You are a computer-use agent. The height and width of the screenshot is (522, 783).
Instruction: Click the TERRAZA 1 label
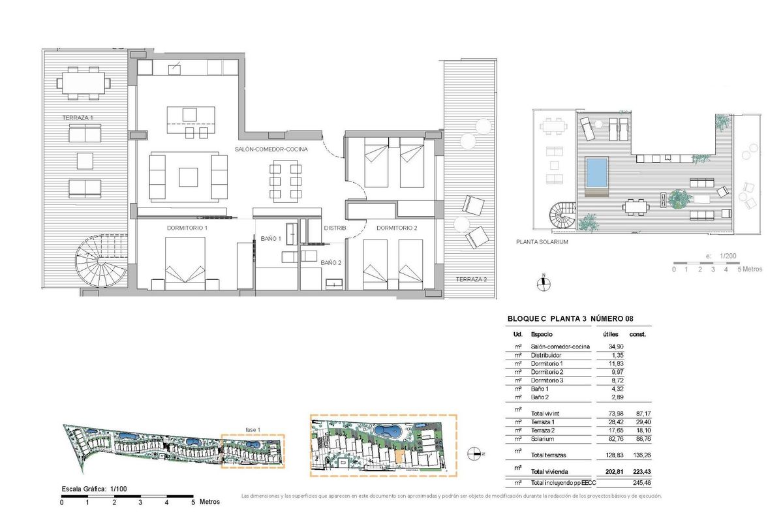coord(77,118)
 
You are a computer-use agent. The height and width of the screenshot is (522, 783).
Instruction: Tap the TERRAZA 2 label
coord(472,279)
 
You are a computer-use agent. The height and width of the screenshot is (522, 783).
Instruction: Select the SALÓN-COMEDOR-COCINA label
coord(271,150)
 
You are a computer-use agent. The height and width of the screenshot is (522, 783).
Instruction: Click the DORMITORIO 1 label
coord(187,228)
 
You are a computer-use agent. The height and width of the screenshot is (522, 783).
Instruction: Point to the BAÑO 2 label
coord(331,262)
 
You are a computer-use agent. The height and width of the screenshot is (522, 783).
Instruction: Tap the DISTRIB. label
coord(335,228)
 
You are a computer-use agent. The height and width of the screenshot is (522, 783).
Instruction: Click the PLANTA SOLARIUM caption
coord(542,241)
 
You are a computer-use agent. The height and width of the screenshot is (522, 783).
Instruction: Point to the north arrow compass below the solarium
coord(542,283)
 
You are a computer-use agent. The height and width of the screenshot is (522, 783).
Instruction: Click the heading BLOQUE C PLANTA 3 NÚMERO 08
coord(570,319)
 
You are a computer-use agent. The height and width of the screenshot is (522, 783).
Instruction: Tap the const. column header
coord(637,334)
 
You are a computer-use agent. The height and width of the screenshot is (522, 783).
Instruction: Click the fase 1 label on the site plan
coord(253,429)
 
